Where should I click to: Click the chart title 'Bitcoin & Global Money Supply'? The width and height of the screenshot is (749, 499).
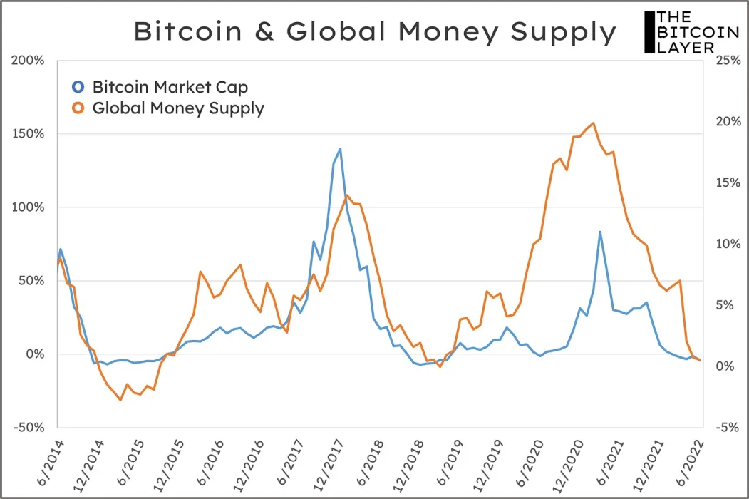(375, 32)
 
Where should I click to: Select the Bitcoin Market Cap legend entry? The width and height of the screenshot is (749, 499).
(170, 88)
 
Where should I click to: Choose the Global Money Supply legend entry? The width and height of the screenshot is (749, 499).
(178, 109)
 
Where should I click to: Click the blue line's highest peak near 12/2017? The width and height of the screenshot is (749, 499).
(340, 149)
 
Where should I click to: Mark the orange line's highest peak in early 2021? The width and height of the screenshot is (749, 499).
(594, 123)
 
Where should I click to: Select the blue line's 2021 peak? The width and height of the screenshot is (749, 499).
(600, 232)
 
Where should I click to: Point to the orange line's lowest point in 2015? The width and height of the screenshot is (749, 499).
(120, 400)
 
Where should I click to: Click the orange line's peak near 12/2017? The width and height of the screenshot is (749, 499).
(346, 195)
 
